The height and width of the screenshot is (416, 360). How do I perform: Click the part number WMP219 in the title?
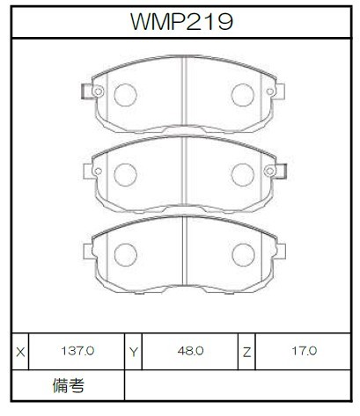(181, 21)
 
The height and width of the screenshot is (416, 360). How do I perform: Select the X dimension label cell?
(20, 352)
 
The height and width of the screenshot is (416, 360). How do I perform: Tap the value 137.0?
(77, 351)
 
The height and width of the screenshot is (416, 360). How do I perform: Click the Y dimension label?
(134, 352)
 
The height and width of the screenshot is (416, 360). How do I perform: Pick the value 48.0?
(190, 351)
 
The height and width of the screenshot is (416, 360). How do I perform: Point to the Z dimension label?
(246, 352)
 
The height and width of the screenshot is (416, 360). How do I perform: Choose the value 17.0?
(305, 351)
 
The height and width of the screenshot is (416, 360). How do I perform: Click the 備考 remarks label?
(69, 385)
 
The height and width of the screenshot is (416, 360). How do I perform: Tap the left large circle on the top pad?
(126, 95)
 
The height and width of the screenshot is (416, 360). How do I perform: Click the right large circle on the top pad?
(243, 95)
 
